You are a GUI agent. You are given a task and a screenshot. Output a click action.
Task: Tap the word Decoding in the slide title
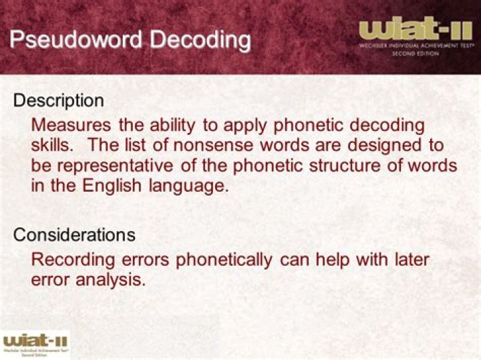(200, 39)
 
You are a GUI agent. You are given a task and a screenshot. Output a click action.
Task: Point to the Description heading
(59, 101)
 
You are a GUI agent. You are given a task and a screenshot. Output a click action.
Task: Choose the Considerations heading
(74, 235)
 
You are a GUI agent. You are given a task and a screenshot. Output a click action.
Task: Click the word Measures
(71, 125)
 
